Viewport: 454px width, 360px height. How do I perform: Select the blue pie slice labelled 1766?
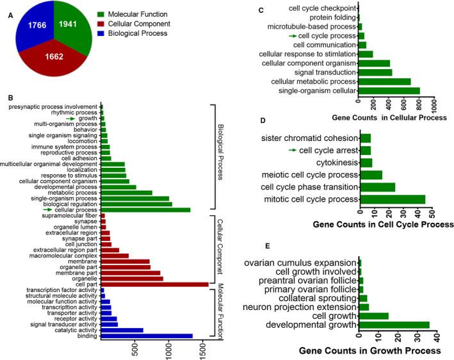(x=31, y=33)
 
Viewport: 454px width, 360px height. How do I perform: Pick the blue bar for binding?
(x=147, y=335)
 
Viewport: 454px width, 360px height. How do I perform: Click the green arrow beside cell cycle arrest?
(x=293, y=150)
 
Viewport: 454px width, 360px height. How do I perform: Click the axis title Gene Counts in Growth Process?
(x=370, y=351)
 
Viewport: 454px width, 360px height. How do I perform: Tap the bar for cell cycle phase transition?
(x=378, y=187)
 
